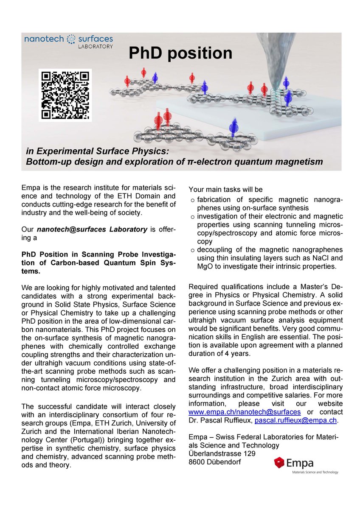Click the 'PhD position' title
pyautogui.click(x=180, y=53)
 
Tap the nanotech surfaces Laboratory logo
pyautogui.click(x=68, y=41)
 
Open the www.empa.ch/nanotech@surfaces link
pyautogui.click(x=245, y=412)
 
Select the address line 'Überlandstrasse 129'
pyautogui.click(x=228, y=453)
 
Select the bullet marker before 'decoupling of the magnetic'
pyautogui.click(x=192, y=250)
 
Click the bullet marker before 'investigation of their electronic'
pyautogui.click(x=192, y=217)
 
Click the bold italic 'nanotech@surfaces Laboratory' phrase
pyautogui.click(x=92, y=229)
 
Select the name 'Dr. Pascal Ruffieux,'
pyautogui.click(x=220, y=420)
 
